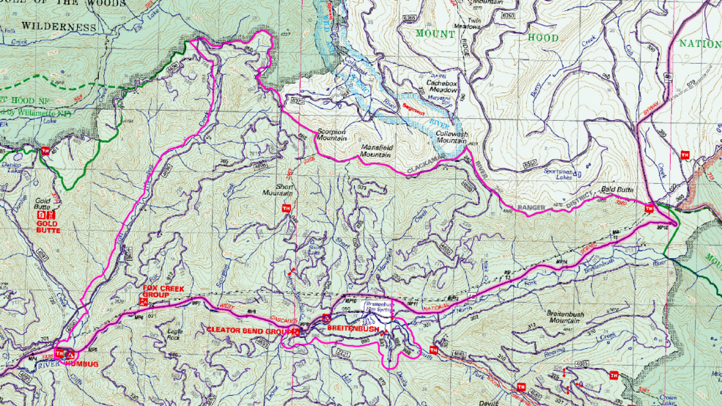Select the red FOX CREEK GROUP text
click(160, 292)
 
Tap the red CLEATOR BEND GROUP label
click(246, 331)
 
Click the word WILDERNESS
click(59, 27)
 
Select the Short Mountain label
click(277, 190)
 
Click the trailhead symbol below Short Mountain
click(287, 209)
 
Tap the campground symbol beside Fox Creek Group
click(144, 301)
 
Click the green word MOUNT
click(435, 34)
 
